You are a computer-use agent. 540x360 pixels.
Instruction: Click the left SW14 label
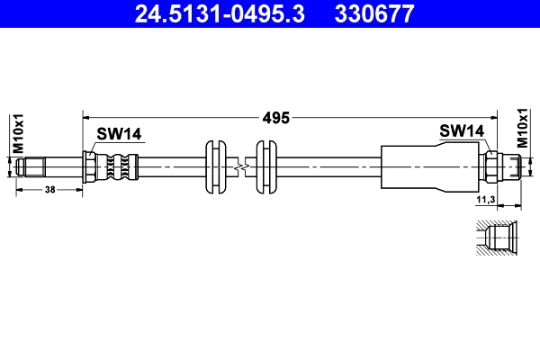(x=119, y=134)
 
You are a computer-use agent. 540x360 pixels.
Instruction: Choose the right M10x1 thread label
(x=522, y=128)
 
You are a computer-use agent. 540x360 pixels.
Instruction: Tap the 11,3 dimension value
(x=486, y=200)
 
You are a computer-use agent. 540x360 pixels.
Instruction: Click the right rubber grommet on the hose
(x=265, y=166)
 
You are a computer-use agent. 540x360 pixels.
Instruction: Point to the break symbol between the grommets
(x=240, y=166)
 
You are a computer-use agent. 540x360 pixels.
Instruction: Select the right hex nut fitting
(x=491, y=166)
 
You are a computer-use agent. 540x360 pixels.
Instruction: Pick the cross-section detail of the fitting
(x=497, y=238)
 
